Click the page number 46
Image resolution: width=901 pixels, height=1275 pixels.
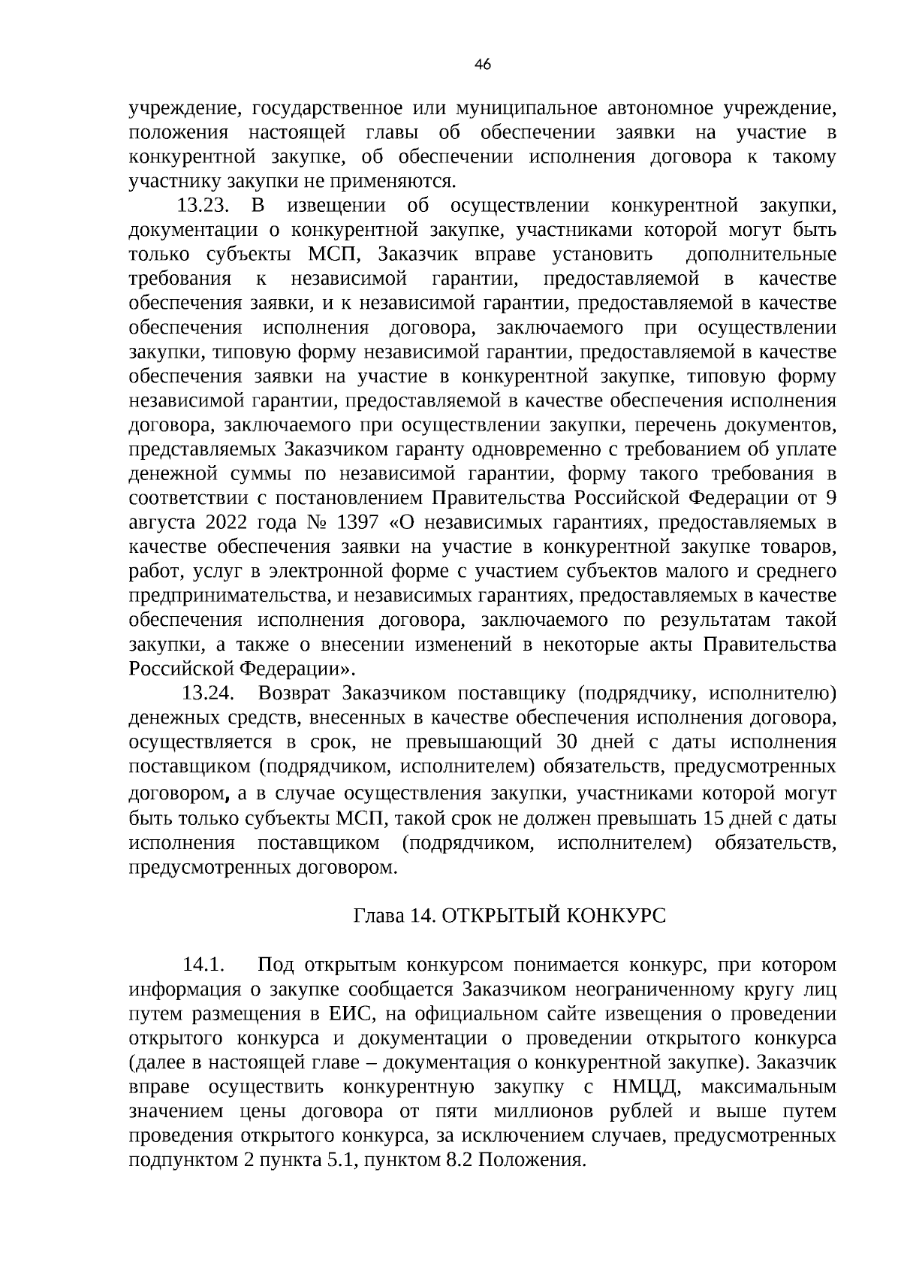click(483, 65)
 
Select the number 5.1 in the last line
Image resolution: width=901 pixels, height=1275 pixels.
click(334, 1160)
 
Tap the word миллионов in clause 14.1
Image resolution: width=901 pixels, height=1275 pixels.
click(538, 1111)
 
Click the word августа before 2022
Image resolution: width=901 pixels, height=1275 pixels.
click(159, 523)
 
